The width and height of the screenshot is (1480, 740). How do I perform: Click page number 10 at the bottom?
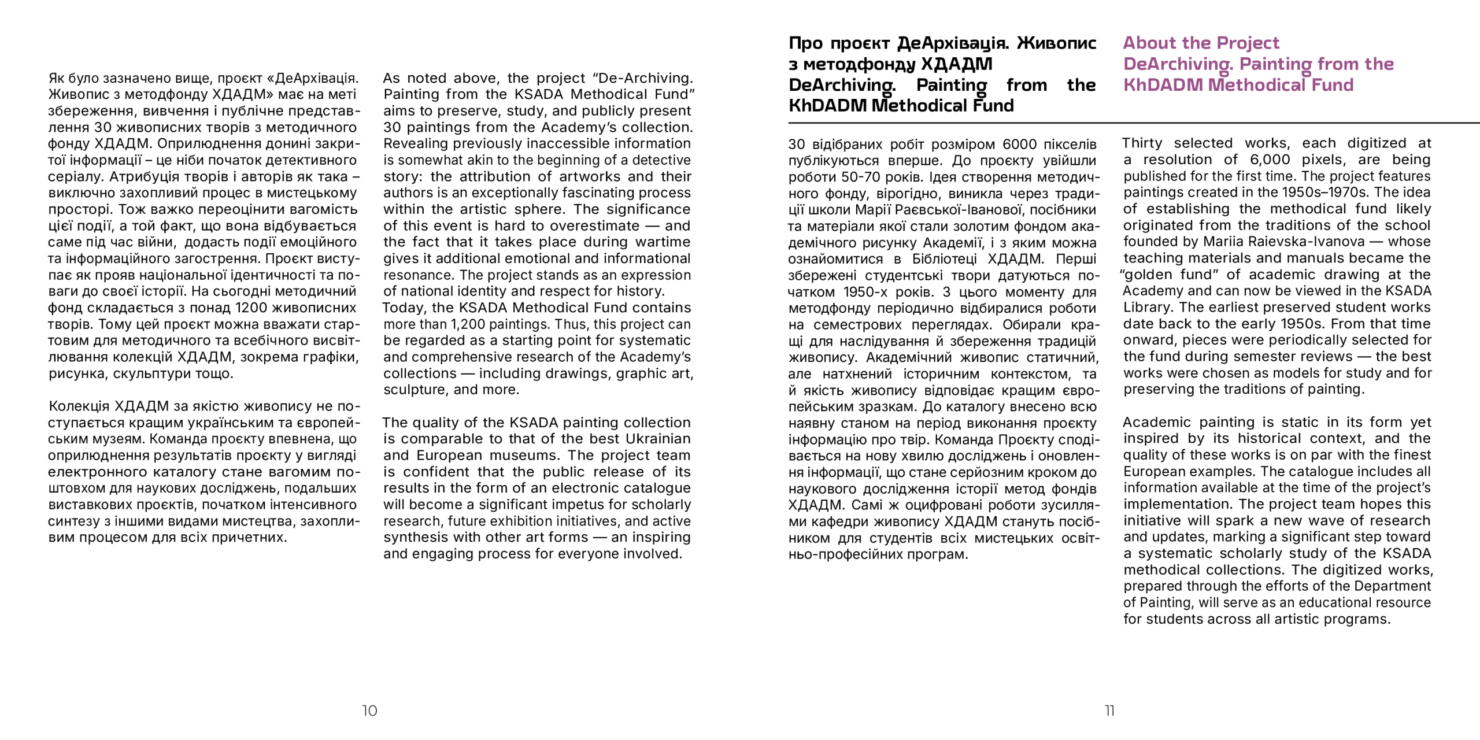(369, 711)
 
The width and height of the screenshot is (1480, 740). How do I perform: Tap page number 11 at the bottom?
(1109, 711)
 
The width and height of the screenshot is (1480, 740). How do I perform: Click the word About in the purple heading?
(1150, 43)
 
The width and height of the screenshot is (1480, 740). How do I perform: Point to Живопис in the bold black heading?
(1056, 43)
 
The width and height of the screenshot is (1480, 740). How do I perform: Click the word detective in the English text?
(661, 160)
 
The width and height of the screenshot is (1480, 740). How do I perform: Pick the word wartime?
(661, 242)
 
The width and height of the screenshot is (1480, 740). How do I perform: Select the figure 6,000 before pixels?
(1270, 160)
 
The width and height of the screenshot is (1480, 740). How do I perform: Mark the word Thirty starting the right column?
(1142, 143)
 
